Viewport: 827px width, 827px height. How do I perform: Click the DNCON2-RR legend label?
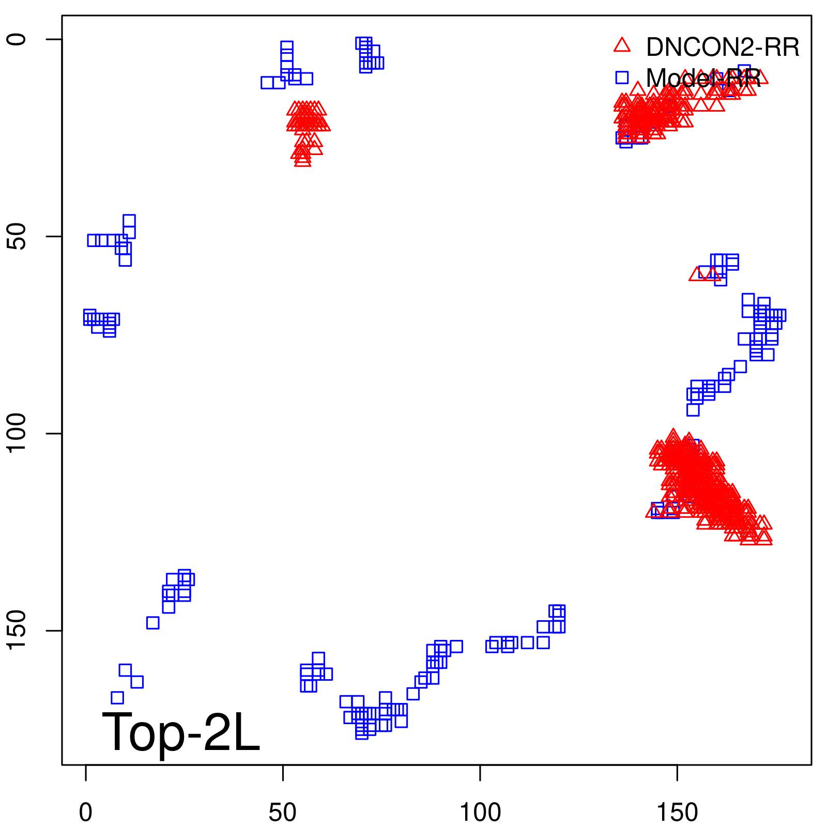(x=722, y=48)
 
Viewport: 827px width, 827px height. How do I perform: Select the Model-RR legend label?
(x=703, y=79)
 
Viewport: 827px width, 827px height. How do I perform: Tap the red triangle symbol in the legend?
(x=622, y=45)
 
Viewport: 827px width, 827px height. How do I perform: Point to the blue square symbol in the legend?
(x=622, y=78)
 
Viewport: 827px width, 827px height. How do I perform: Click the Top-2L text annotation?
(x=181, y=732)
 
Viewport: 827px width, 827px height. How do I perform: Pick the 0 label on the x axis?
(x=86, y=813)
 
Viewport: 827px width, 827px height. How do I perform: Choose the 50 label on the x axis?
(x=283, y=813)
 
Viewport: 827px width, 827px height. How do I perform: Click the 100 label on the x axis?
(x=480, y=813)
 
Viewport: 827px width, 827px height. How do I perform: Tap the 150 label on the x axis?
(x=677, y=813)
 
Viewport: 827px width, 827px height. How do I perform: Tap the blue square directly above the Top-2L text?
(x=117, y=698)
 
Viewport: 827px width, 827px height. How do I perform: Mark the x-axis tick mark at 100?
(x=480, y=772)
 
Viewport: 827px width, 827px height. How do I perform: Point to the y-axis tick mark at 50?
(x=55, y=237)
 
